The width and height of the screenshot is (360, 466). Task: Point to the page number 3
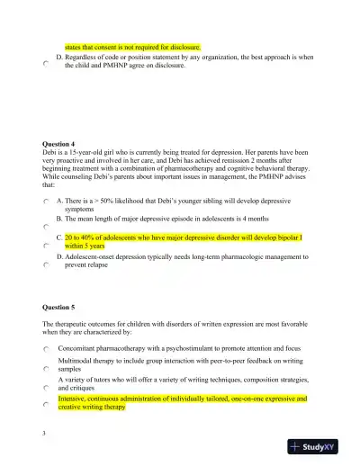click(44, 433)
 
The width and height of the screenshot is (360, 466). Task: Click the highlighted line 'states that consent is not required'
click(132, 45)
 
